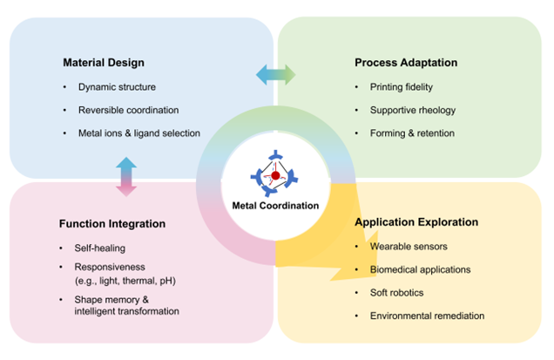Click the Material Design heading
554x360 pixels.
pos(104,63)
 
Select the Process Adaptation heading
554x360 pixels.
pos(406,63)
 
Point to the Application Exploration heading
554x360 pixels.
pos(416,222)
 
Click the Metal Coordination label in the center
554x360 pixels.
pos(276,206)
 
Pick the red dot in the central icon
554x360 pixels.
pos(276,175)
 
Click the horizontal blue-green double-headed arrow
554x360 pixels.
pos(275,75)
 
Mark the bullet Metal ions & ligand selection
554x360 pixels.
pos(139,133)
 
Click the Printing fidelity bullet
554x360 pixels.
pos(402,87)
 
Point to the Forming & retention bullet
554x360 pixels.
pos(411,133)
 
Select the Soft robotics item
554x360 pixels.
pos(399,293)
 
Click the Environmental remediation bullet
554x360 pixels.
pos(428,316)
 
